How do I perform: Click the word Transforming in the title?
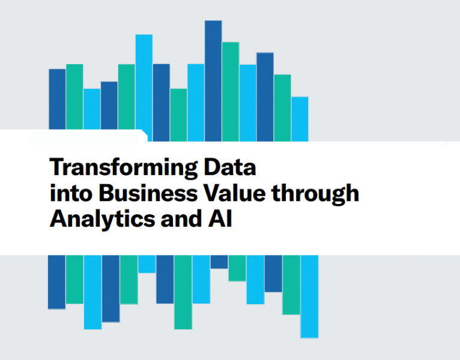(124, 167)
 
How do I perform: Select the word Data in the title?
(230, 167)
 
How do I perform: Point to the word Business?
(148, 193)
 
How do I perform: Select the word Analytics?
(102, 219)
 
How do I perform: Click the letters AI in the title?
(220, 218)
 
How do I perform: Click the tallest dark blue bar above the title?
(213, 81)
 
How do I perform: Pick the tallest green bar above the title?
(231, 92)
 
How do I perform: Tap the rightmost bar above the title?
(300, 119)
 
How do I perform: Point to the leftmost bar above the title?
(57, 99)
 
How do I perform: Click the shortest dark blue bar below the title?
(219, 262)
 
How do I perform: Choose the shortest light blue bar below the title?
(147, 264)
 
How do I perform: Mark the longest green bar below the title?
(183, 292)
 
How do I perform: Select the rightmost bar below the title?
(309, 296)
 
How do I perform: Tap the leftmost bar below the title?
(56, 282)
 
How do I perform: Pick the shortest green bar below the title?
(237, 268)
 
